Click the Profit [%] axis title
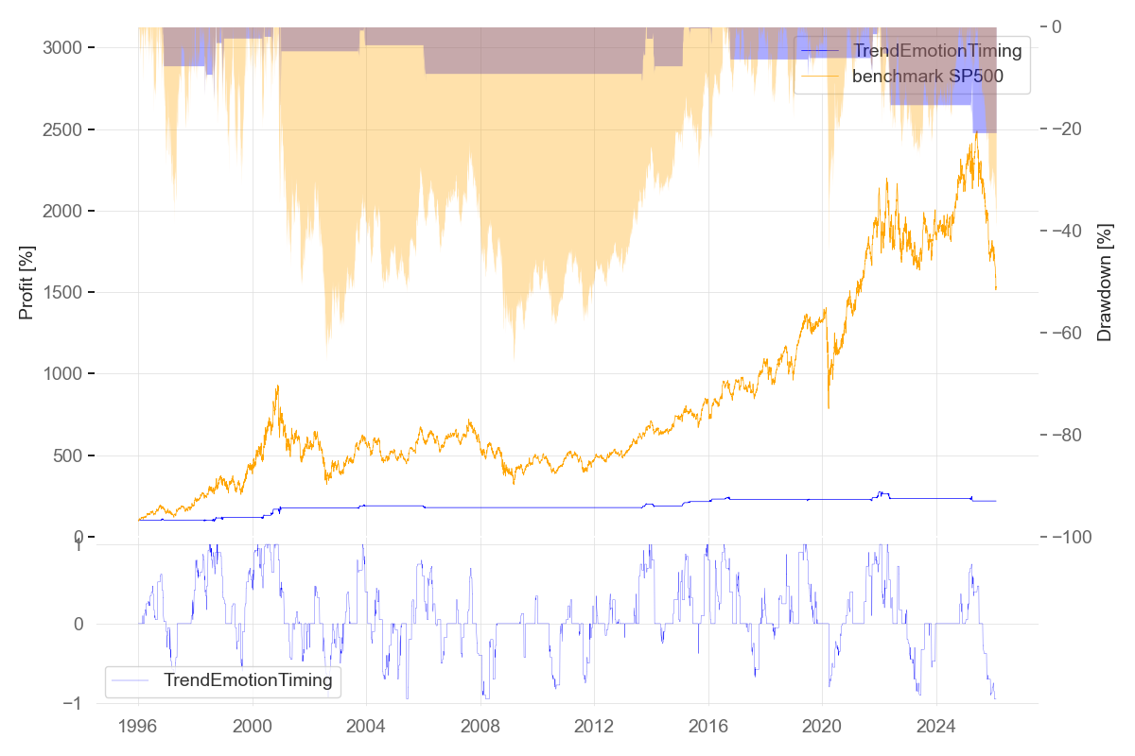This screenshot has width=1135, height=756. tap(26, 283)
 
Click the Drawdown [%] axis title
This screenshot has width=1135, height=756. tap(1104, 283)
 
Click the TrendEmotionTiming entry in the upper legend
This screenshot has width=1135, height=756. tap(937, 50)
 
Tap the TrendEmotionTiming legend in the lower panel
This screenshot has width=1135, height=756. tap(248, 679)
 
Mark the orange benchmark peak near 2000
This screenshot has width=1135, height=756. tap(277, 386)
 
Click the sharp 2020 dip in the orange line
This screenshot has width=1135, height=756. tap(829, 407)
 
